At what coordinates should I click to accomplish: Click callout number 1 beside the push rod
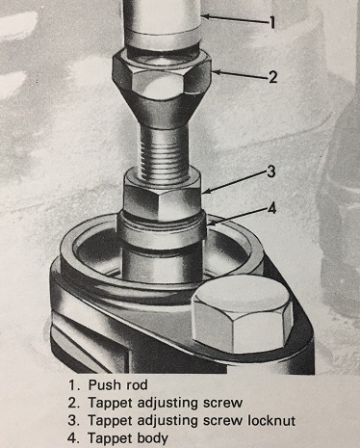[x=272, y=22]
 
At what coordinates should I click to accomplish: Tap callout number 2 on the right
[x=272, y=77]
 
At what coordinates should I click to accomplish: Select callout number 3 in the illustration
[x=271, y=171]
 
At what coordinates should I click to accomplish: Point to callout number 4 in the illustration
[x=271, y=209]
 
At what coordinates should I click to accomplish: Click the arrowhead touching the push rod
[x=206, y=16]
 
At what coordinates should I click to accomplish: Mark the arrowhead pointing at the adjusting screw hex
[x=216, y=72]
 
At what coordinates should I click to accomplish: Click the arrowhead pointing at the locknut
[x=207, y=192]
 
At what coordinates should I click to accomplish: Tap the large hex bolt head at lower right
[x=243, y=316]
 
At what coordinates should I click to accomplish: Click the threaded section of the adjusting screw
[x=163, y=150]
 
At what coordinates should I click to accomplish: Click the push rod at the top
[x=163, y=22]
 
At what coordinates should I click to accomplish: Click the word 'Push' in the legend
[x=102, y=384]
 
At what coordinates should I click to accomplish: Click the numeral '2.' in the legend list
[x=73, y=403]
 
